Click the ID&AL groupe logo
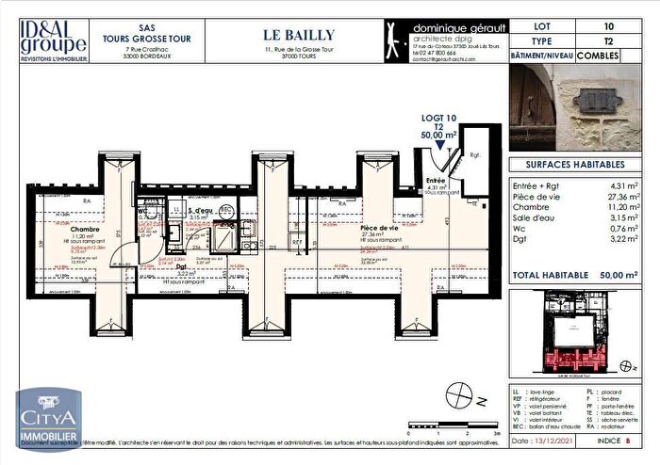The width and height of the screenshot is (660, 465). click(55, 40)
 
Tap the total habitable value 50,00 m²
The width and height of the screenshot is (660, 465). click(617, 275)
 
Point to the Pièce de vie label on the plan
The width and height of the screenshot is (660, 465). click(380, 227)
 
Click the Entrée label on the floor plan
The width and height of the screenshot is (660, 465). click(437, 180)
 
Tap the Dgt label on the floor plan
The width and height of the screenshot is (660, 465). click(182, 265)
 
